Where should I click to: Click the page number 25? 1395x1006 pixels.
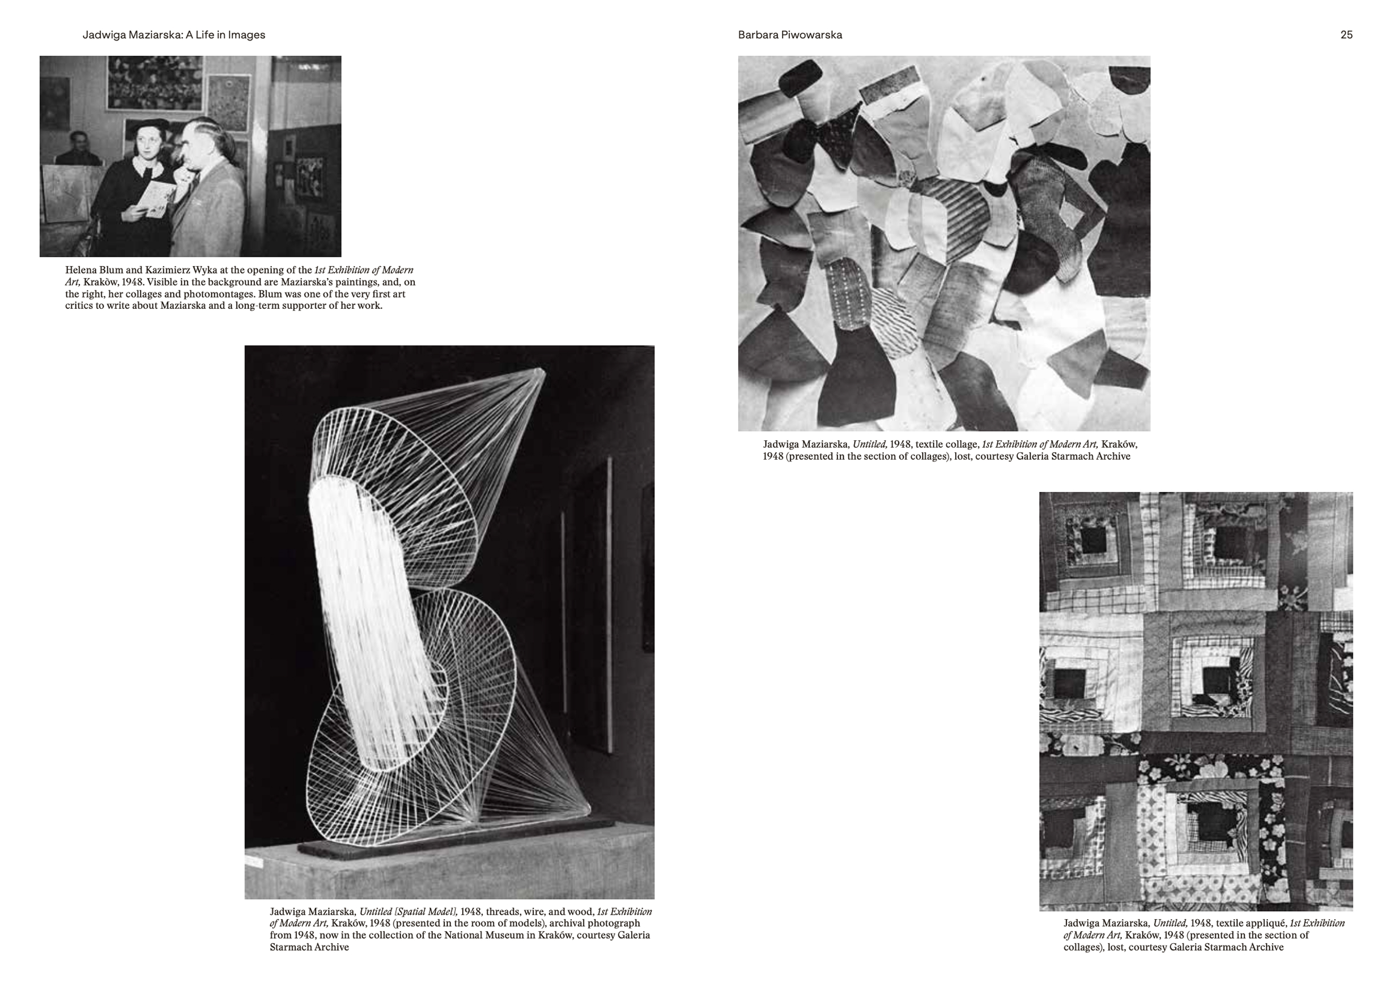pyautogui.click(x=1346, y=35)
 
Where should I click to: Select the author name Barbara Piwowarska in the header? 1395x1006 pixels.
pyautogui.click(x=790, y=35)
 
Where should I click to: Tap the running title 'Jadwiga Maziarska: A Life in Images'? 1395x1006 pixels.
pyautogui.click(x=174, y=35)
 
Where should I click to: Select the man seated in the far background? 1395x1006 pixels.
pyautogui.click(x=78, y=150)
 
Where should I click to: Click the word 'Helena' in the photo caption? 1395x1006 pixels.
pyautogui.click(x=80, y=270)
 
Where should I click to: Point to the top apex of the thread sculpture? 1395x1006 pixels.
pyautogui.click(x=542, y=371)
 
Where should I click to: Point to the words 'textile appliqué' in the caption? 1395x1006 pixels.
pyautogui.click(x=1250, y=923)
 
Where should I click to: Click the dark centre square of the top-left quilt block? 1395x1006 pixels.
pyautogui.click(x=1092, y=540)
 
